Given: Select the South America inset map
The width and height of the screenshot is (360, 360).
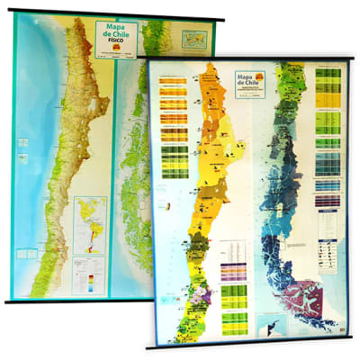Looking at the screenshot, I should coord(89,225).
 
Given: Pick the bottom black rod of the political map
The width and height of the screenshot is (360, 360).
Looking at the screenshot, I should coord(252,346).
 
